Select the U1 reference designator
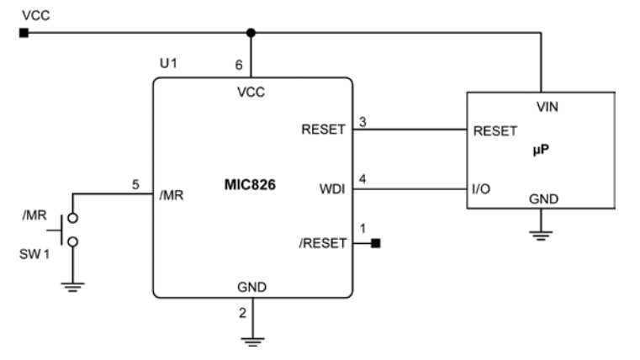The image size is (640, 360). click(169, 64)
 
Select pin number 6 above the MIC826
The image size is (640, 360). click(240, 64)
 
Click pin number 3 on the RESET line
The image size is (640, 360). click(362, 121)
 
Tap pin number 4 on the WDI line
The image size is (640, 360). click(362, 178)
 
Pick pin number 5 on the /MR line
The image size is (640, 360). click(135, 186)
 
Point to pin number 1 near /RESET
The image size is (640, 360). click(362, 229)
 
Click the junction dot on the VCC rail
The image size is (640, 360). click(251, 33)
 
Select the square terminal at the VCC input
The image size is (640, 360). click(24, 33)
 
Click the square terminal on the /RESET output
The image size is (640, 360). click(375, 243)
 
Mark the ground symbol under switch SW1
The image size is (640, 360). click(71, 287)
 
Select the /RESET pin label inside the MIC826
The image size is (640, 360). click(322, 243)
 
